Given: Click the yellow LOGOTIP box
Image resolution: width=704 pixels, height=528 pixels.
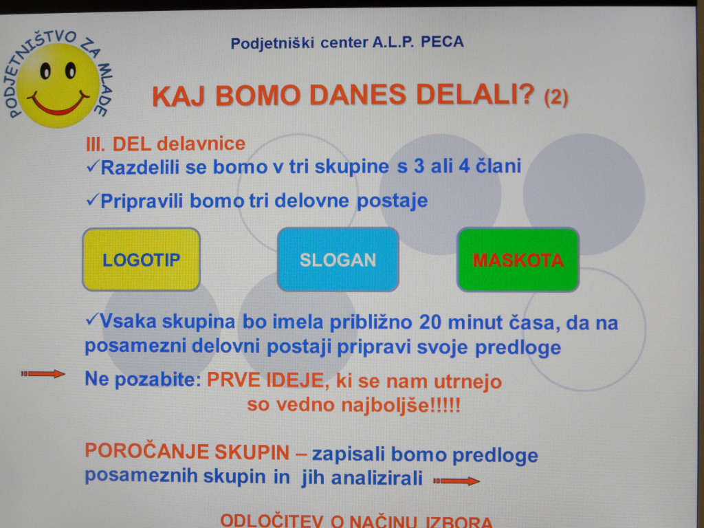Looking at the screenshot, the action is tap(142, 259).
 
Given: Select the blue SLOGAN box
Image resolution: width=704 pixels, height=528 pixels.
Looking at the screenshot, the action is tap(338, 259).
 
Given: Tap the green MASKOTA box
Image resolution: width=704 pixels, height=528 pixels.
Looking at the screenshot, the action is tap(518, 259).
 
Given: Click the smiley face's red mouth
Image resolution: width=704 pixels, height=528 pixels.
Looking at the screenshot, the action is tap(59, 104).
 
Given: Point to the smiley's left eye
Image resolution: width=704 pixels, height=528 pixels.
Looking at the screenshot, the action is tap(45, 71).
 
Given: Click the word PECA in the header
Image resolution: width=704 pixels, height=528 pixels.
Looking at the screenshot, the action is tap(442, 42).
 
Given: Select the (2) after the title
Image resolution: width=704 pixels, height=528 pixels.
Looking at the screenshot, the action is tap(555, 97).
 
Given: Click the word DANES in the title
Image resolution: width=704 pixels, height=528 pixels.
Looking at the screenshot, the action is tap(357, 95).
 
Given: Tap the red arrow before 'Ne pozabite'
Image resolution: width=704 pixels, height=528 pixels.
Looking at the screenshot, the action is tap(43, 373).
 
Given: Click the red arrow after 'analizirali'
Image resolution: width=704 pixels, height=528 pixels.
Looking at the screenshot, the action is tap(456, 481).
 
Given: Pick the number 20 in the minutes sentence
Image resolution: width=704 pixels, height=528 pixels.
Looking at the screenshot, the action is tap(430, 322).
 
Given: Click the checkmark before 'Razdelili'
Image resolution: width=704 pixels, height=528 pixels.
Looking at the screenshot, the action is tap(92, 166).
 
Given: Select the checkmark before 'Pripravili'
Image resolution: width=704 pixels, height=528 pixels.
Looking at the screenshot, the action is tap(92, 200).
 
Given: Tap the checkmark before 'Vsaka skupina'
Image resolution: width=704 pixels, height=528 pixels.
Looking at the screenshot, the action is tap(91, 320).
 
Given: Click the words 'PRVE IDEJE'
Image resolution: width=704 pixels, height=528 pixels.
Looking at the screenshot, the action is tap(265, 380).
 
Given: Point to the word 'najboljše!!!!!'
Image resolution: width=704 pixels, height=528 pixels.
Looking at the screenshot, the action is tap(401, 406).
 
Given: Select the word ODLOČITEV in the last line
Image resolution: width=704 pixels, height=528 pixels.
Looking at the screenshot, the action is tap(272, 521).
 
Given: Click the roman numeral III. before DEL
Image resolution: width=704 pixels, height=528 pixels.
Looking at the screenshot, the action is tap(96, 144).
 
